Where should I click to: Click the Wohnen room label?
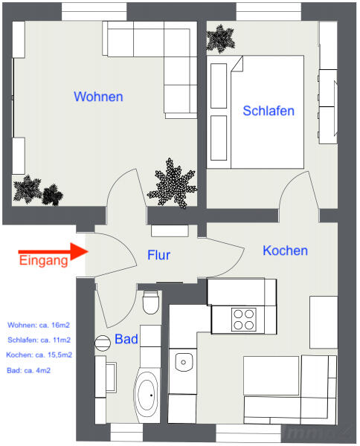[x=98, y=97]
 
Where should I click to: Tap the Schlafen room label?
[x=269, y=111]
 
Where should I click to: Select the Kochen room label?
[x=285, y=251]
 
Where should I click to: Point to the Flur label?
[x=158, y=255]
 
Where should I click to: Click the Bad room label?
[x=126, y=339]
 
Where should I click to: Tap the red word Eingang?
[x=44, y=261]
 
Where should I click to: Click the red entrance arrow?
[x=54, y=251]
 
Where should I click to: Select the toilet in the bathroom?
[x=150, y=302]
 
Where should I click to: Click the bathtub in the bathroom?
[x=147, y=395]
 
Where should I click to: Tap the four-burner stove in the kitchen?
[x=244, y=320]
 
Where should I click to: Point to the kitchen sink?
[x=184, y=362]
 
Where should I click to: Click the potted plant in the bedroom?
[x=221, y=39]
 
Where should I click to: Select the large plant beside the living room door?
[x=173, y=184]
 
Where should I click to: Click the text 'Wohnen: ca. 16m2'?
[x=39, y=325]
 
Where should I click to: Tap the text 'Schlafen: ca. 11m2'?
[x=39, y=340]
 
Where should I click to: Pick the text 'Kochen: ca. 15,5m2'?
[x=39, y=355]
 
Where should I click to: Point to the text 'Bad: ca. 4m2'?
[x=28, y=370]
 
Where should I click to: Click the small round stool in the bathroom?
[x=103, y=343]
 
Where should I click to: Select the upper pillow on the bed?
[x=219, y=86]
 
